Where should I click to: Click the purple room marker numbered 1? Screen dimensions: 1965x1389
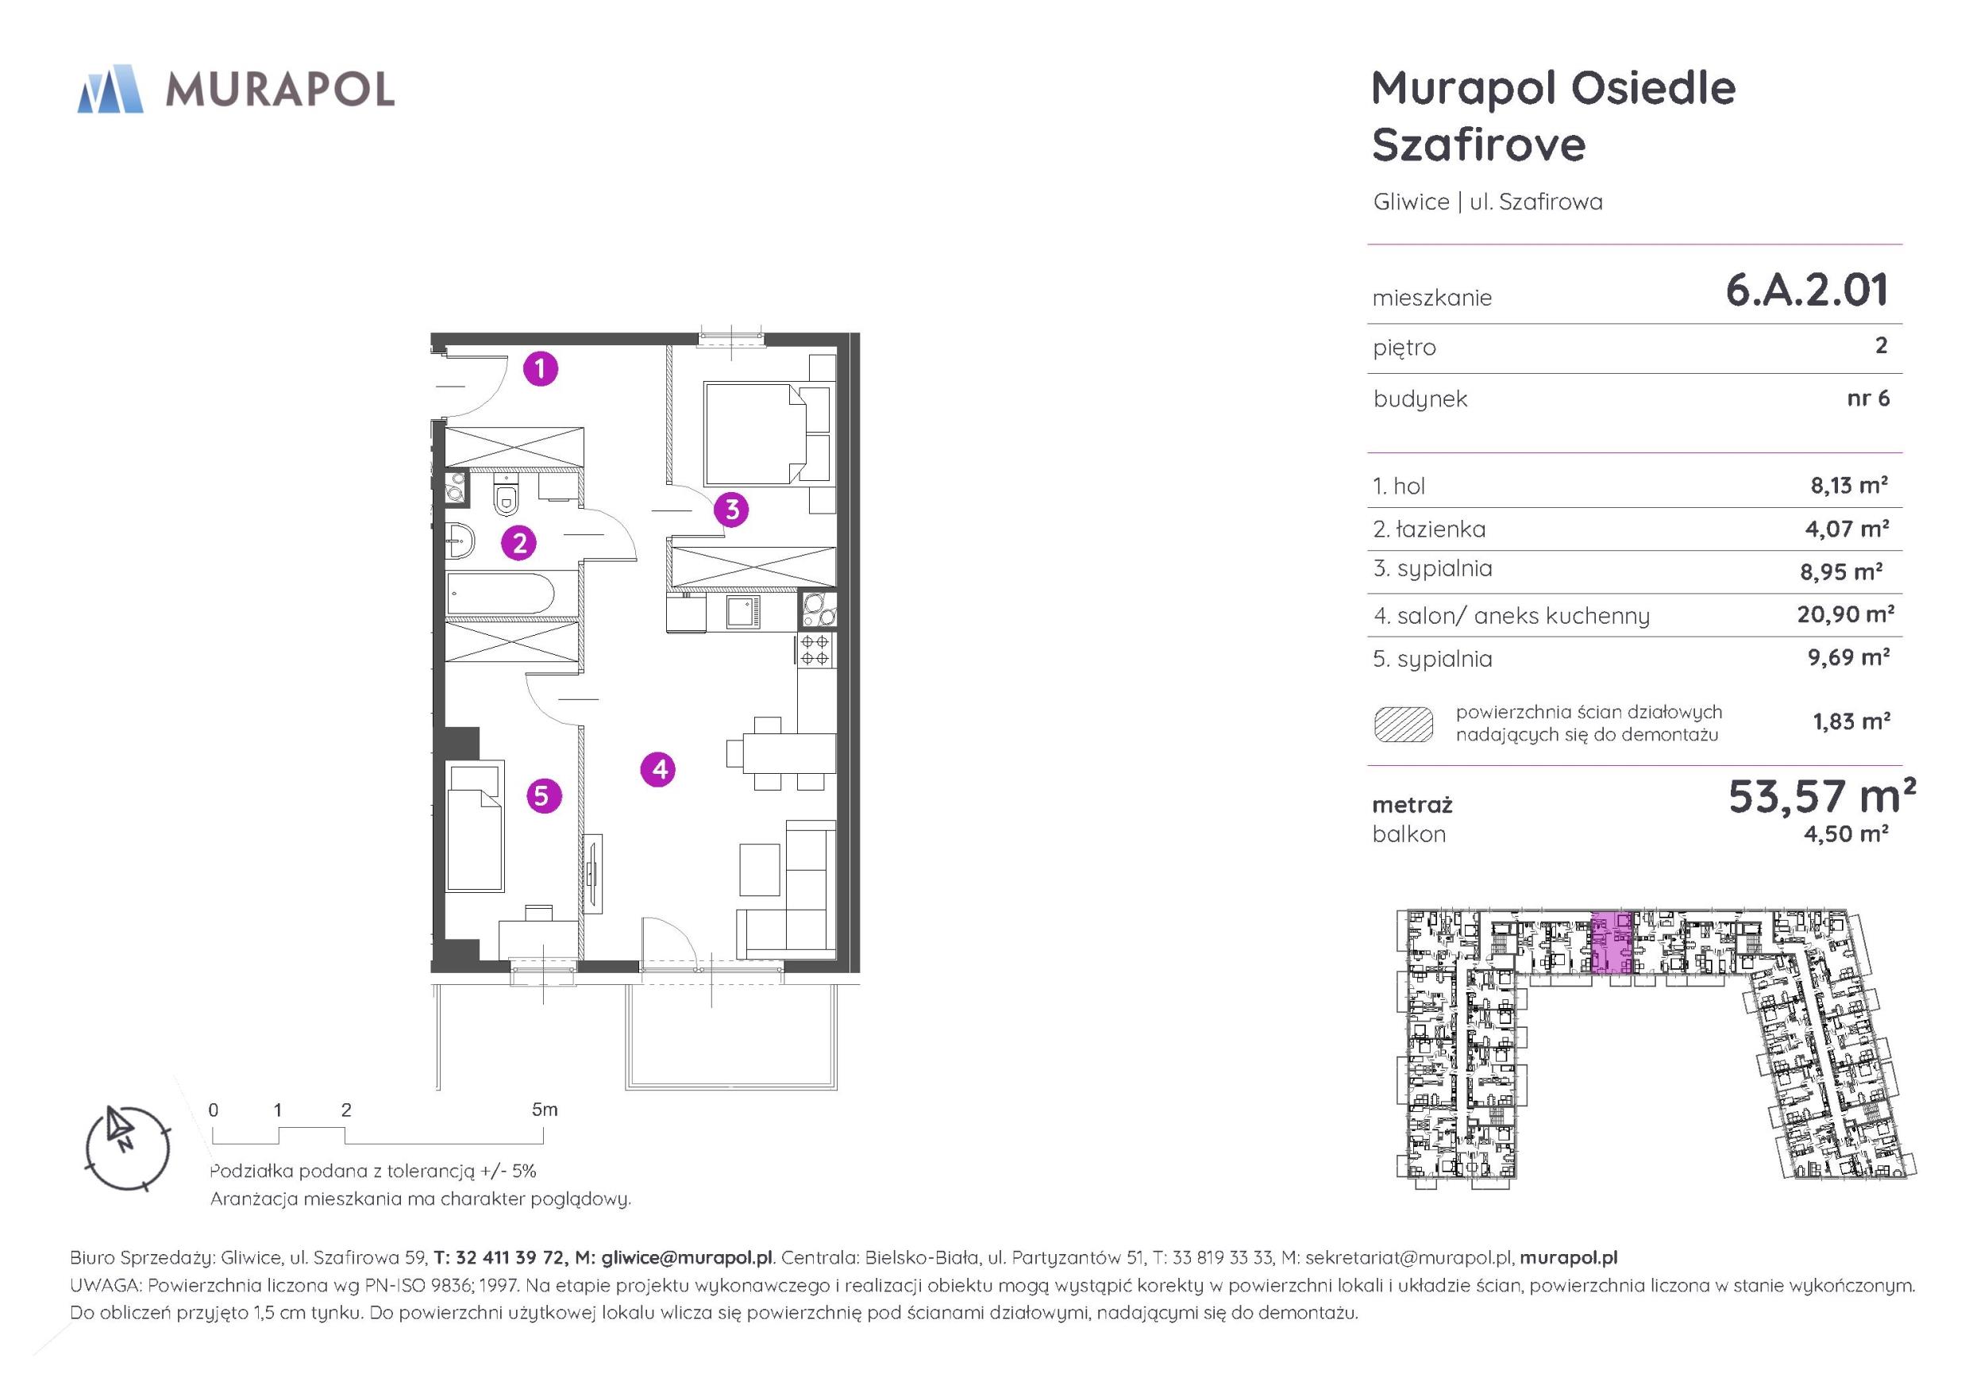(x=540, y=369)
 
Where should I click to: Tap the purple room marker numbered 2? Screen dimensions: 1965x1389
(x=518, y=543)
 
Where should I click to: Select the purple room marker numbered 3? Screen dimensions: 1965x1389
(x=732, y=510)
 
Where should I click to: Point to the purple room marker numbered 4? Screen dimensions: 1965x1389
(x=658, y=769)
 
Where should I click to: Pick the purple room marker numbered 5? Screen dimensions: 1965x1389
(x=542, y=796)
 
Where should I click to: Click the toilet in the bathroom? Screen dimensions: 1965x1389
(x=506, y=498)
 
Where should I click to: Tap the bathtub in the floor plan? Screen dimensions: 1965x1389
(x=500, y=594)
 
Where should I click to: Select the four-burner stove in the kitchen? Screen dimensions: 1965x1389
(x=814, y=650)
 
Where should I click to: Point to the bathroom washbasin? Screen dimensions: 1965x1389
(x=460, y=541)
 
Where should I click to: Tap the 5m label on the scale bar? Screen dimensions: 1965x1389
(x=545, y=1110)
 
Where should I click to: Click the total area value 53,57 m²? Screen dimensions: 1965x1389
(x=1821, y=796)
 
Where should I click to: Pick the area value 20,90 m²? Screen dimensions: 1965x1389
(x=1845, y=614)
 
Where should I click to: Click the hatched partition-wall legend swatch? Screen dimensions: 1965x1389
(x=1404, y=724)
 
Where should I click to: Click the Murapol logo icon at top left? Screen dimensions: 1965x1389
(x=110, y=89)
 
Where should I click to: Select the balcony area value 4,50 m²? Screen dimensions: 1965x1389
(x=1846, y=833)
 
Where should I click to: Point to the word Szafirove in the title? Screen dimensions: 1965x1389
(x=1479, y=144)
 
